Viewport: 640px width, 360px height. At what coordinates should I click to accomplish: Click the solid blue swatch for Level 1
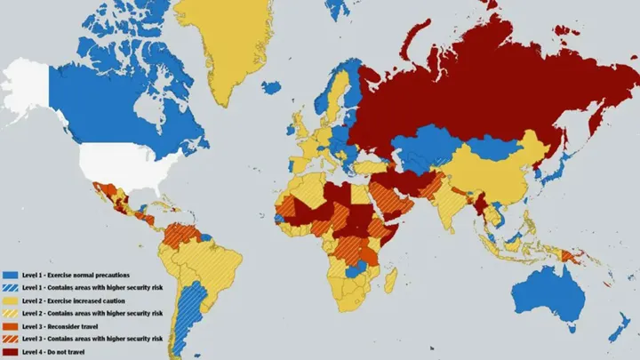(11, 276)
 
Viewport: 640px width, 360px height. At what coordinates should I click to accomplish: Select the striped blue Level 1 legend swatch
(11, 288)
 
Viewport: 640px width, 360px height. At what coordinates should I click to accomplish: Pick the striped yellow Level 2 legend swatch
(11, 314)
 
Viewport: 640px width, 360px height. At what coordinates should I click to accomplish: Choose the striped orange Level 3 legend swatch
(11, 339)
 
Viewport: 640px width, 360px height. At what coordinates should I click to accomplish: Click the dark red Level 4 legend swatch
(11, 351)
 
